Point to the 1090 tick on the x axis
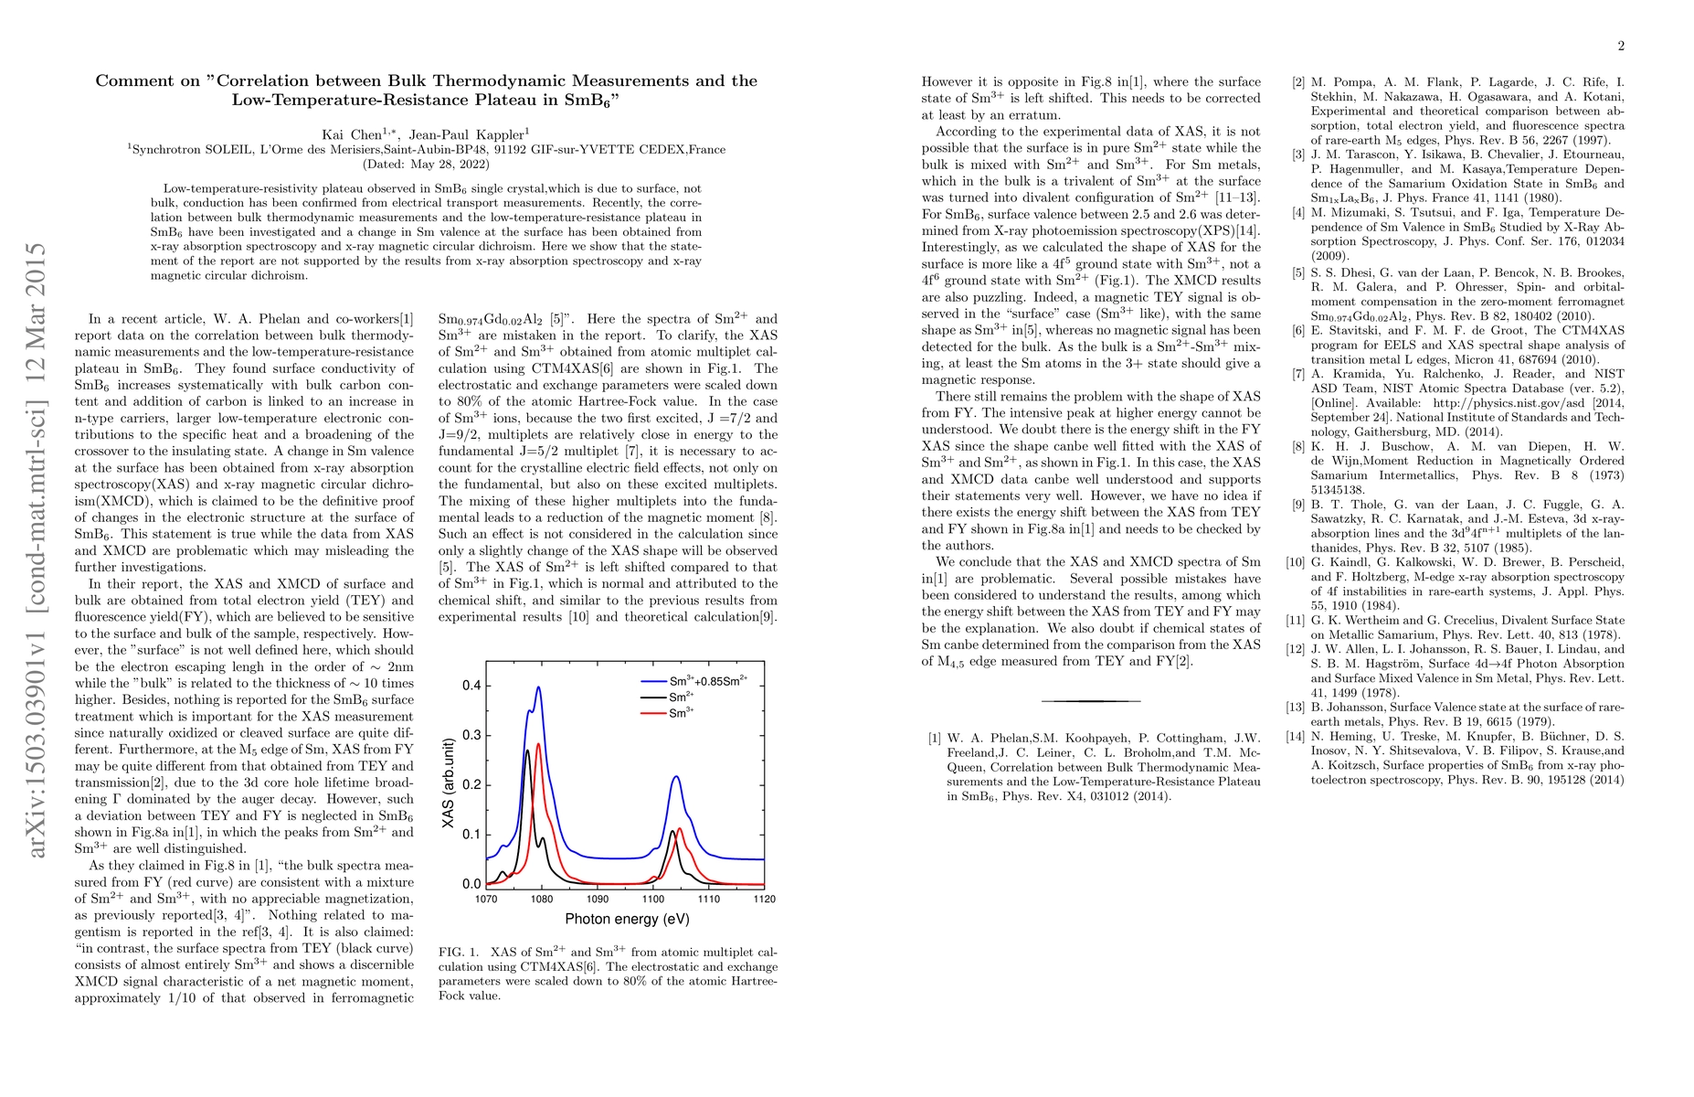point(598,899)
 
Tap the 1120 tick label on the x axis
point(765,899)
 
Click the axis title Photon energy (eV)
point(627,919)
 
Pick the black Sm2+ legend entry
point(682,698)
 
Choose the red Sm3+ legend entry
point(682,713)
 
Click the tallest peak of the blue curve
point(539,687)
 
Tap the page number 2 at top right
point(1621,47)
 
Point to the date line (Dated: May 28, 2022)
point(426,165)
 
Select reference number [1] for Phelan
point(934,739)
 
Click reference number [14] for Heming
point(1296,737)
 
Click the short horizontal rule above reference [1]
point(1091,701)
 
